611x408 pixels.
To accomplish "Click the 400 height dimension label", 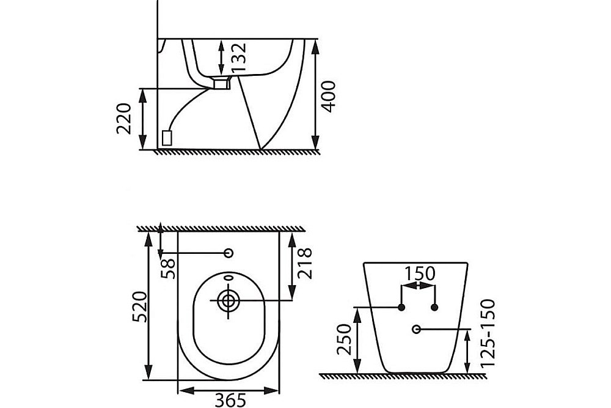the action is click(x=329, y=97).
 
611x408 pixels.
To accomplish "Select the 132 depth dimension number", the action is click(x=239, y=57).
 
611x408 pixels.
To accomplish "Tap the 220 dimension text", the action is click(x=124, y=119).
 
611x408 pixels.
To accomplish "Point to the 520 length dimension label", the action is click(x=139, y=306).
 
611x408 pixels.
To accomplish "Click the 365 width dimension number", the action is click(x=231, y=400).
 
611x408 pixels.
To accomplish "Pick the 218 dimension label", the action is click(x=305, y=263).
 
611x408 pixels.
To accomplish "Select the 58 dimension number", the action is click(x=169, y=269).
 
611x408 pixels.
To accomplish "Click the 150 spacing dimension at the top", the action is click(x=419, y=274).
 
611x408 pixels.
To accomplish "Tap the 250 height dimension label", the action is click(x=345, y=339).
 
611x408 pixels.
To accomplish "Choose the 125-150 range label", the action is click(x=488, y=333).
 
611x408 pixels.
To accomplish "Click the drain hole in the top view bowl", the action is click(x=228, y=300).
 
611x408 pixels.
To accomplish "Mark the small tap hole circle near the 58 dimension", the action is click(x=229, y=253).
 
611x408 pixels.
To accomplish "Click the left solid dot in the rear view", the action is click(x=401, y=307).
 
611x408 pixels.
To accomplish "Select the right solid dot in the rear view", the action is click(x=434, y=307).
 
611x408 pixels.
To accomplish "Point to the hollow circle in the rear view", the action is click(x=416, y=329).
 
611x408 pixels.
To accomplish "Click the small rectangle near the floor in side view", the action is click(x=167, y=138).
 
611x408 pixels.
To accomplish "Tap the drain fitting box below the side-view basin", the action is click(x=221, y=83).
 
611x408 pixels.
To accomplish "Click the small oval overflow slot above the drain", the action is click(x=229, y=278).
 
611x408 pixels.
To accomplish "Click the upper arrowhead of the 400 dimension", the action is click(x=315, y=48).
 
